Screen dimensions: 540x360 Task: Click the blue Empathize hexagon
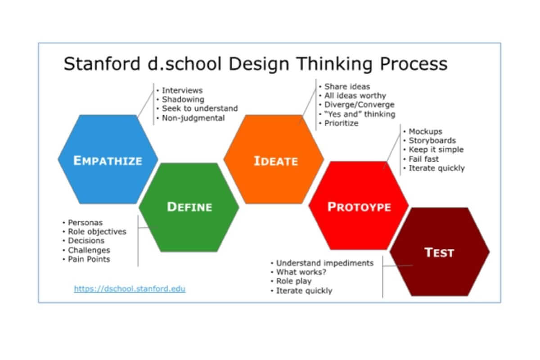(108, 159)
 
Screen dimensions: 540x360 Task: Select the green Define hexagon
(189, 207)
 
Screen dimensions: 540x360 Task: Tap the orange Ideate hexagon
(274, 159)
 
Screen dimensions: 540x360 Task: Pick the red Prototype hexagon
(359, 206)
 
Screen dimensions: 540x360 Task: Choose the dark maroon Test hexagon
(440, 252)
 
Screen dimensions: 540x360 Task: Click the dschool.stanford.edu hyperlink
(130, 288)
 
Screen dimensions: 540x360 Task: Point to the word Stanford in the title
(102, 63)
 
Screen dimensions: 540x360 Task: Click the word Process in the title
(414, 63)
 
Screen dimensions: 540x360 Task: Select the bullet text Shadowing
(183, 99)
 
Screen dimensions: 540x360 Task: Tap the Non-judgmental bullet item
(193, 118)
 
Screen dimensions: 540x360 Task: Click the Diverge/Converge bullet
(360, 105)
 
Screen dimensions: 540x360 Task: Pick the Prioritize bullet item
(342, 123)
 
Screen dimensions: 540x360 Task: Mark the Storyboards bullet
(432, 140)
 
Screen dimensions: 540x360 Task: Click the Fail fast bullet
(424, 159)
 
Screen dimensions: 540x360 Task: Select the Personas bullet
(85, 222)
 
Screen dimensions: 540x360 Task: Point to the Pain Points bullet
(89, 259)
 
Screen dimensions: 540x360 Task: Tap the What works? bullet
(301, 272)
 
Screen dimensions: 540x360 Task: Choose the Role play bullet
(294, 281)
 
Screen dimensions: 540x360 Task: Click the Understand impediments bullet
(325, 263)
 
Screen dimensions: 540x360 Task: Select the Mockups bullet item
(426, 131)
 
